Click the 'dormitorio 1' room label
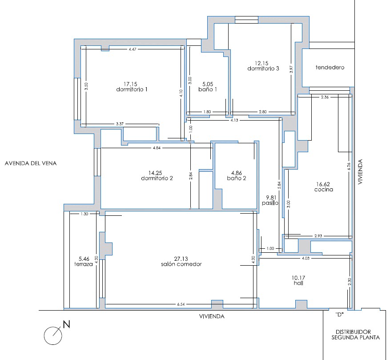pyautogui.click(x=132, y=89)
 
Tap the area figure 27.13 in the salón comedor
pyautogui.click(x=181, y=259)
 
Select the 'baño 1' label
pyautogui.click(x=208, y=89)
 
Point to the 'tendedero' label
pyautogui.click(x=330, y=67)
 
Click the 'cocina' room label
pyautogui.click(x=324, y=190)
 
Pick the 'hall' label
pyautogui.click(x=298, y=283)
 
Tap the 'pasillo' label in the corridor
pyautogui.click(x=270, y=203)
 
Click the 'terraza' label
pyautogui.click(x=83, y=264)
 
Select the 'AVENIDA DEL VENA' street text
pyautogui.click(x=31, y=163)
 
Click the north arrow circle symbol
pyautogui.click(x=53, y=336)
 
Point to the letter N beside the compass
pyautogui.click(x=66, y=324)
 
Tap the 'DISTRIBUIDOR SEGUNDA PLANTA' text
pyautogui.click(x=356, y=335)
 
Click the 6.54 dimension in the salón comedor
pyautogui.click(x=181, y=304)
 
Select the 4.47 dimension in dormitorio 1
pyautogui.click(x=133, y=49)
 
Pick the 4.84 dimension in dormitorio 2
pyautogui.click(x=157, y=148)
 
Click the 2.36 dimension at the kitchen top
pyautogui.click(x=325, y=97)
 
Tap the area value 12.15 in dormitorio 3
pyautogui.click(x=261, y=63)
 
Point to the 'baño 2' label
pyautogui.click(x=237, y=178)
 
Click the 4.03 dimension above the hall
pyautogui.click(x=306, y=258)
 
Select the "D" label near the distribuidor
pyautogui.click(x=339, y=315)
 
